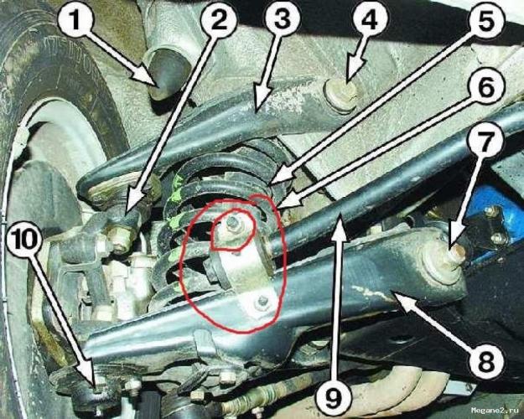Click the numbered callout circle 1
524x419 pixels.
click(x=75, y=19)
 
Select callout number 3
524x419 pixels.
click(x=282, y=19)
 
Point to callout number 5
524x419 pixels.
click(x=486, y=19)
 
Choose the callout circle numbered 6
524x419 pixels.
click(x=486, y=87)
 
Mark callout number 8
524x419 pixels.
click(x=485, y=361)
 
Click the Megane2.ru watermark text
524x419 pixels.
click(x=496, y=410)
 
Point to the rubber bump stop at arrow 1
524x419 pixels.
click(x=168, y=75)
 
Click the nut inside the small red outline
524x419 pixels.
click(x=231, y=222)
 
